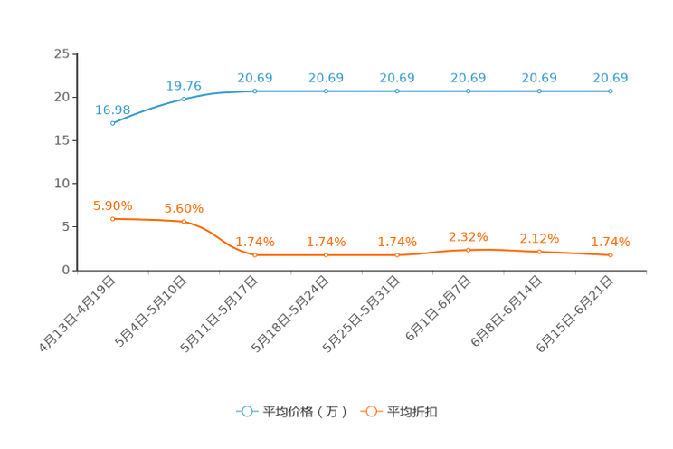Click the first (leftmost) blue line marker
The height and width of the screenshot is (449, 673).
tap(112, 124)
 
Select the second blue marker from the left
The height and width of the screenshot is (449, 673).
tap(184, 98)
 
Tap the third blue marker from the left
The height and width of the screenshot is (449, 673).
tap(255, 91)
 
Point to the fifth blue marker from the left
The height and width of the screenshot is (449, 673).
tap(397, 91)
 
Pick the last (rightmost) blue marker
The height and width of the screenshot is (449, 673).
tap(611, 91)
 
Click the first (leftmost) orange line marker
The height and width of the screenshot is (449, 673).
tap(112, 218)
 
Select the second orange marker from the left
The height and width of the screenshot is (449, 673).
tap(184, 221)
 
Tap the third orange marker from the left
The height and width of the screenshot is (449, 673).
tap(255, 255)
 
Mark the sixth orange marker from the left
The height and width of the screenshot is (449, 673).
tap(469, 249)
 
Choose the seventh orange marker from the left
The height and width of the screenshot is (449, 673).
tap(539, 252)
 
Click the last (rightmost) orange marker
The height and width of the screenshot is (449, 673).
tap(611, 255)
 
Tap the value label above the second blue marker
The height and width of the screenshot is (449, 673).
tap(184, 85)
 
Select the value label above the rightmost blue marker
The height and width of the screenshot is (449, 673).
tap(611, 78)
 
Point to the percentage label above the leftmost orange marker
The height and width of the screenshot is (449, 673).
tap(112, 205)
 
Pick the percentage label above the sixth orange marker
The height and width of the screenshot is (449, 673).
tap(469, 236)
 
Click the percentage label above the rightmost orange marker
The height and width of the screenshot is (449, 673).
tap(611, 242)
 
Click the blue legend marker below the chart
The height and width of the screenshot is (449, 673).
tap(245, 411)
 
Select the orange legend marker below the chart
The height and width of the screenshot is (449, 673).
tap(371, 411)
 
